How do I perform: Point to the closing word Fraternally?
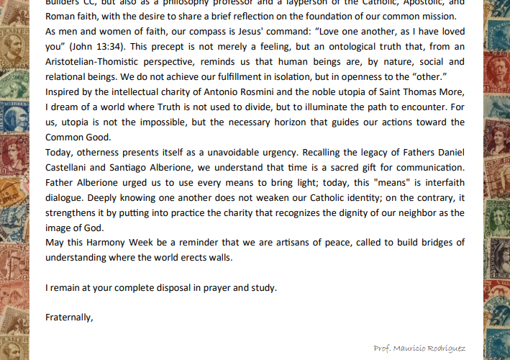pyautogui.click(x=69, y=317)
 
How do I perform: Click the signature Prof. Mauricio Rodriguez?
pyautogui.click(x=419, y=348)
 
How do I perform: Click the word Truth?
pyautogui.click(x=191, y=107)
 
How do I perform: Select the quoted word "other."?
pyautogui.click(x=429, y=77)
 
